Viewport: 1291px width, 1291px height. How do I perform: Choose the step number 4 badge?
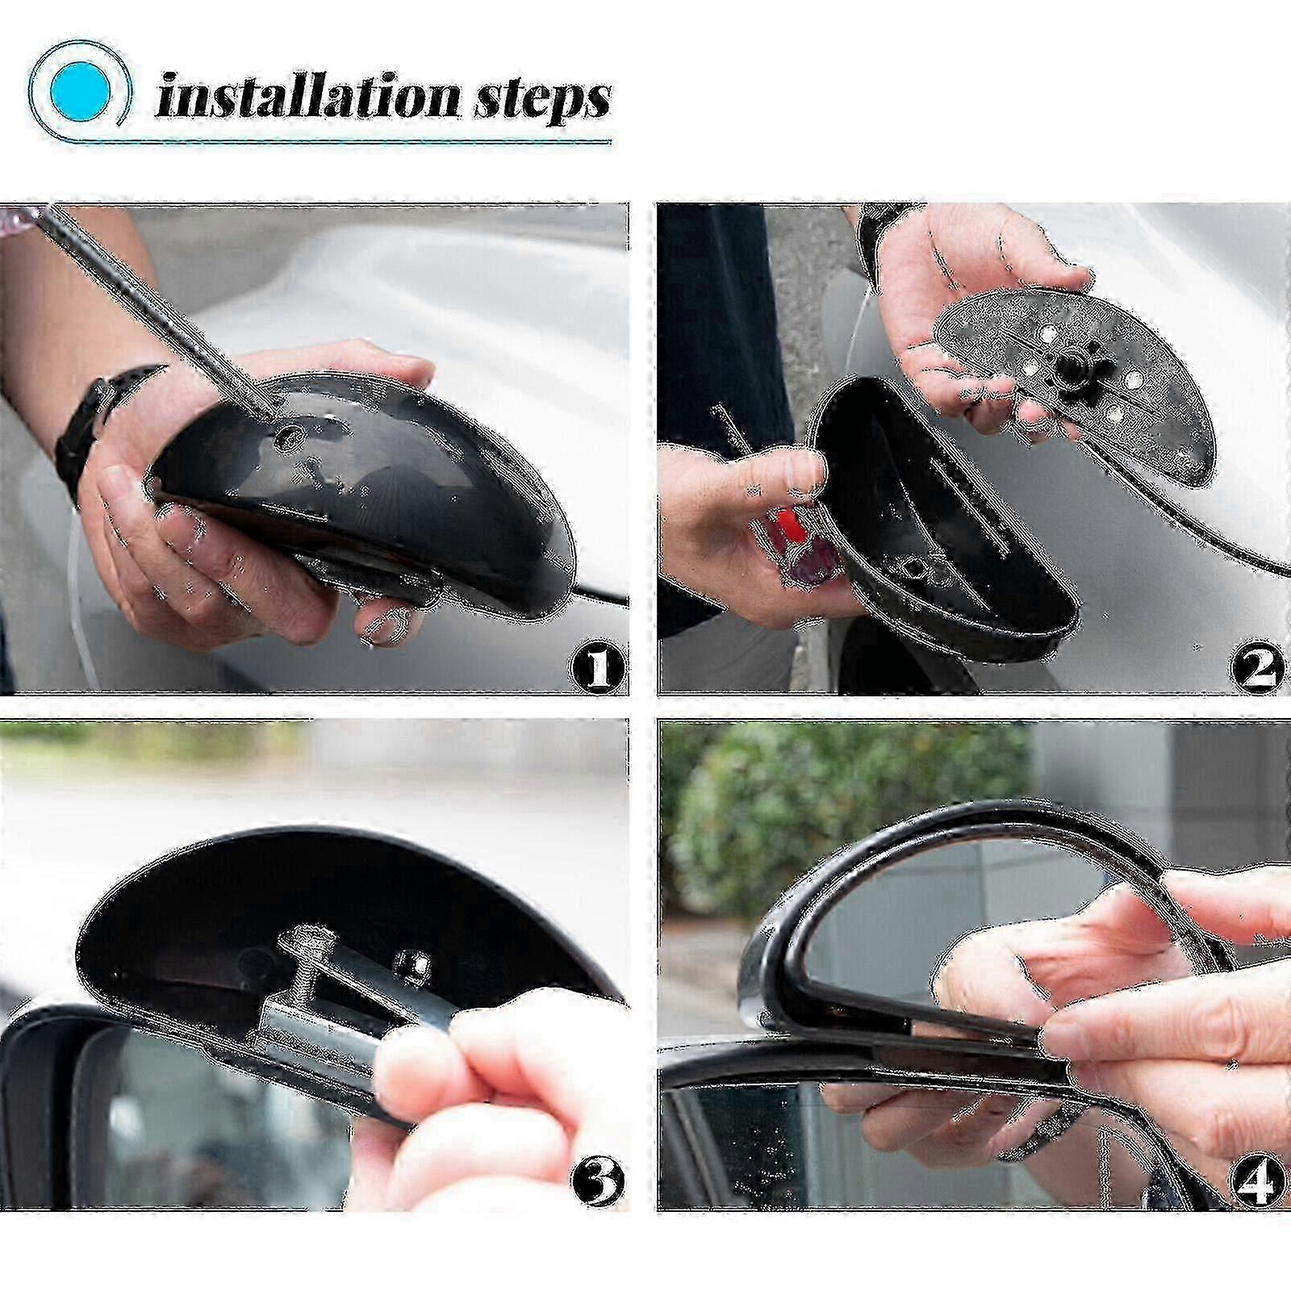(x=1255, y=1180)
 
